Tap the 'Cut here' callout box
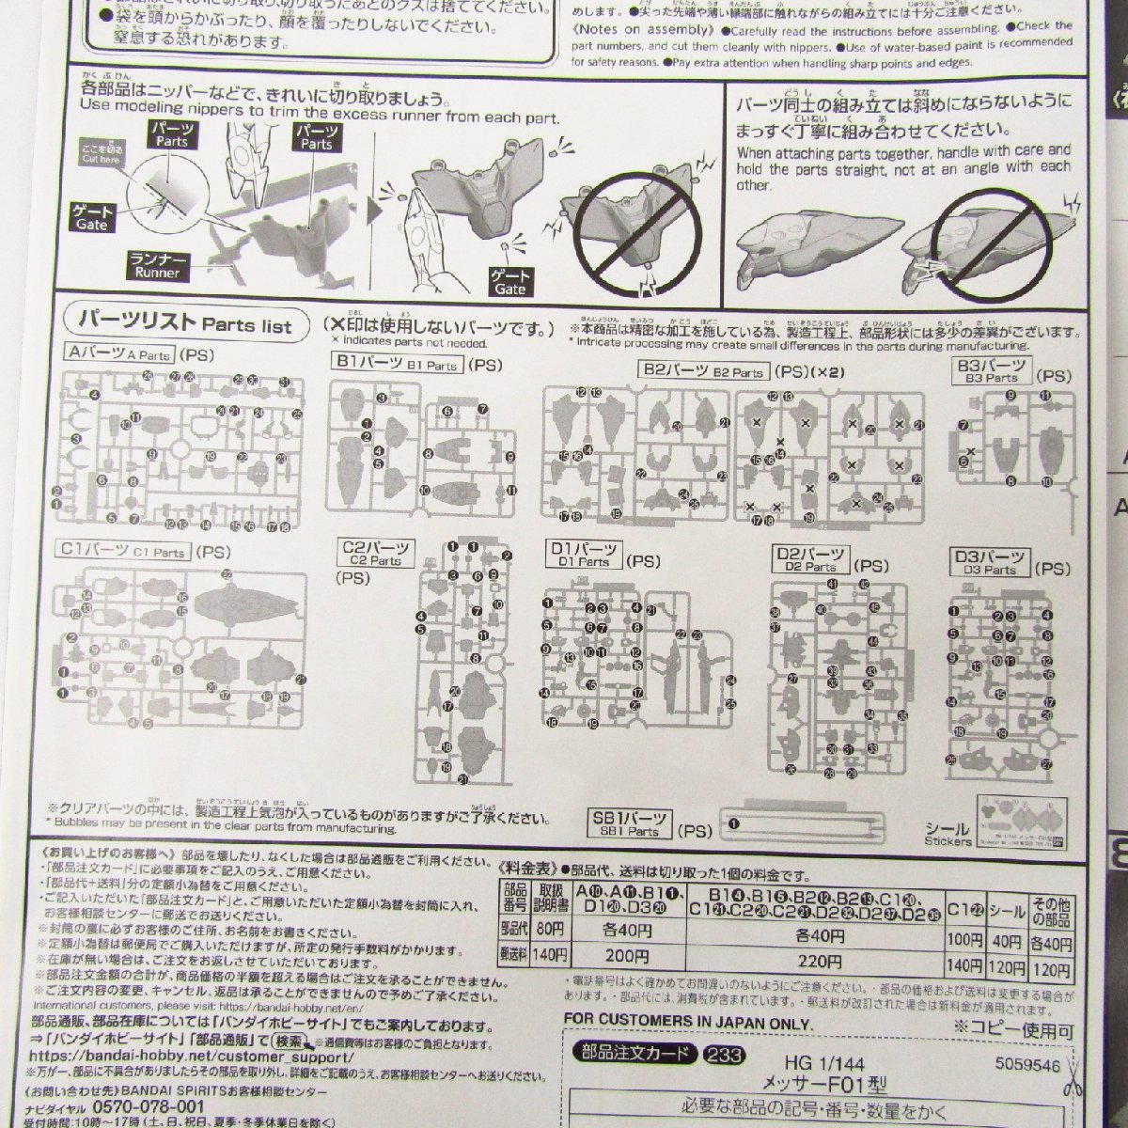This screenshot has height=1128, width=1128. [102, 154]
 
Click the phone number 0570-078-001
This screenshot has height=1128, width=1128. [137, 1105]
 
